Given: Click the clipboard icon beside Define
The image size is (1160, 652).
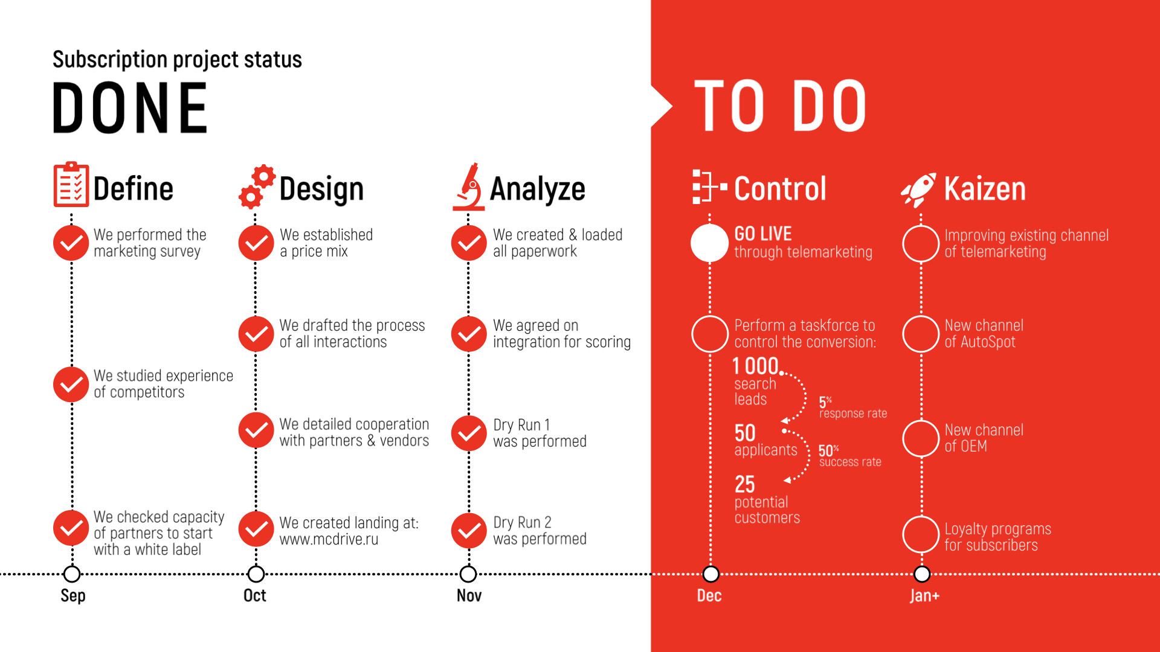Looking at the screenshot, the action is tap(71, 185).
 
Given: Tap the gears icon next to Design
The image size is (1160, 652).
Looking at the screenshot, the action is tap(257, 187).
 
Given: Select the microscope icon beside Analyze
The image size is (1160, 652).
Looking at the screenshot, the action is tap(469, 187).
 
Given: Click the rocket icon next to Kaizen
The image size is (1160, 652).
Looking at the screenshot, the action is tap(918, 189).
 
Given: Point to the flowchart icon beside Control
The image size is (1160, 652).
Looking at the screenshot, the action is tap(710, 187).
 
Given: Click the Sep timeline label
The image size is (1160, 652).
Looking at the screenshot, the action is tap(73, 596).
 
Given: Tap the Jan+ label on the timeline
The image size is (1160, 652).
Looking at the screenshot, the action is tap(924, 596).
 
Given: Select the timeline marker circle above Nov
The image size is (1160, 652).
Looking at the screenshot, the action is tap(468, 574).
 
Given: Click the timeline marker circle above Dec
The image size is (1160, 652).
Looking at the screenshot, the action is tap(711, 574).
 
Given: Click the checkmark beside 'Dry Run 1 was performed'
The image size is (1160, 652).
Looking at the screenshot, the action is tap(469, 433).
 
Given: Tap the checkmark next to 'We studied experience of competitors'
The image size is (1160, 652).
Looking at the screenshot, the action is tap(71, 385).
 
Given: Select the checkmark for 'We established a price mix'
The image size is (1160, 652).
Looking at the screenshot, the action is tap(256, 243).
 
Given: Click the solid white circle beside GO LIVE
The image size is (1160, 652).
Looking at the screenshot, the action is tap(710, 243).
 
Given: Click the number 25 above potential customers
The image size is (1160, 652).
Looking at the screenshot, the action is tap(744, 484).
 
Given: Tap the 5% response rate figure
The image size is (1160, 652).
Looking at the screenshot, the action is tap(852, 408).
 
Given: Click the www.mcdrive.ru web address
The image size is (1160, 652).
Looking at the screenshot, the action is tap(329, 540).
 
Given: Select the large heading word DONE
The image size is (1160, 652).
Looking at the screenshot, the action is tap(130, 108).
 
